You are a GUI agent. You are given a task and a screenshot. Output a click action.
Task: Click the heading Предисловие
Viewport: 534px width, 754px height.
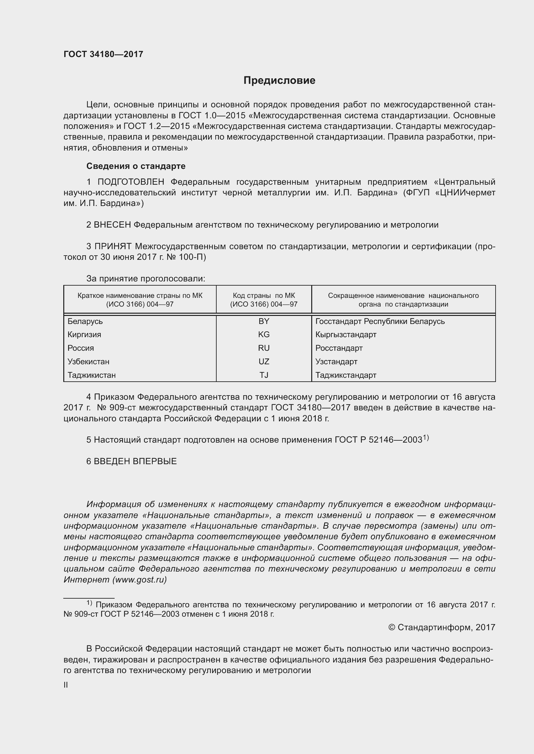click(x=279, y=81)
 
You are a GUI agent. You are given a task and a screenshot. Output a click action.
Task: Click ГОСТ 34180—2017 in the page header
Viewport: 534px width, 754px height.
click(x=103, y=54)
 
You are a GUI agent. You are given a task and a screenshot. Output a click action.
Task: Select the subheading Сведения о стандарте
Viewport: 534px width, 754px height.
click(x=136, y=166)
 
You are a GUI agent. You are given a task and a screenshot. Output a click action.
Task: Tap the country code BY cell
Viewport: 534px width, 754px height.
click(x=264, y=321)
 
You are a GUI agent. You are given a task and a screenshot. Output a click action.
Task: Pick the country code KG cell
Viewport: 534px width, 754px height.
click(x=264, y=335)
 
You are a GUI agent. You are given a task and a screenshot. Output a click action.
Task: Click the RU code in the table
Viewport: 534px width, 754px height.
click(x=264, y=348)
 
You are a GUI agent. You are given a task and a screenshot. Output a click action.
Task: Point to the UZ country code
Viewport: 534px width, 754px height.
click(x=264, y=362)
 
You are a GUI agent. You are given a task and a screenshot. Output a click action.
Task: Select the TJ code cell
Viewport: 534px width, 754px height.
click(x=264, y=375)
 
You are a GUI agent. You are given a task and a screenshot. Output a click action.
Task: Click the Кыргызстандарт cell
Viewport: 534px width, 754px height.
click(x=345, y=335)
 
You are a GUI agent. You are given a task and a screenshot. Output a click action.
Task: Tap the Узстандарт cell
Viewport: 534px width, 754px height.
click(x=336, y=362)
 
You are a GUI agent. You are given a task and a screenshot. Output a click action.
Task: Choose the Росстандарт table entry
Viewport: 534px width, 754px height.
click(x=339, y=348)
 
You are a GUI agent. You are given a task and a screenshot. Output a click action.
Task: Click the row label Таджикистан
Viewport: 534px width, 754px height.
click(x=91, y=375)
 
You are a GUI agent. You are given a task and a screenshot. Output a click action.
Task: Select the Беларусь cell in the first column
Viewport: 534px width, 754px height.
click(x=85, y=321)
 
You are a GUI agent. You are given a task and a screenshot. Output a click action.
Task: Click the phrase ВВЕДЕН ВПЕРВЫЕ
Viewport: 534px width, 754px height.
click(x=135, y=461)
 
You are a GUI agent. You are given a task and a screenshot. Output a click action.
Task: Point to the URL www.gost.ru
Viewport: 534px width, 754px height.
click(x=139, y=580)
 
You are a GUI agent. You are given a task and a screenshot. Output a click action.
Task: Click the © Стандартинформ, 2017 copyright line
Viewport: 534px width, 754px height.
click(x=442, y=628)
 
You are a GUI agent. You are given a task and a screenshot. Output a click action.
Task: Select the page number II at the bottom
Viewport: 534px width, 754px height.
click(x=66, y=685)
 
